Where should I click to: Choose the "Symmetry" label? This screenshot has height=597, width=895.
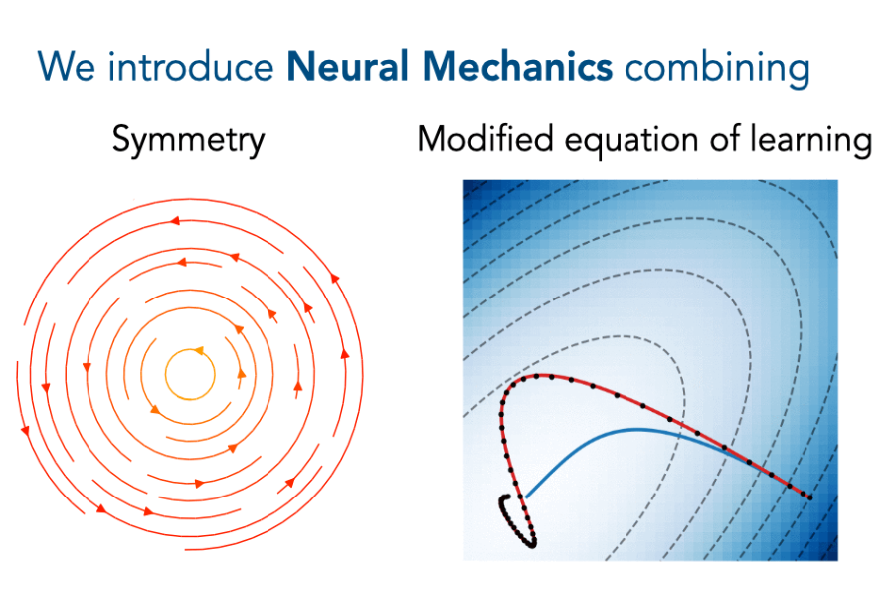[x=188, y=141]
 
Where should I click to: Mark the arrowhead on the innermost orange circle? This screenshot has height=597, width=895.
[x=198, y=351]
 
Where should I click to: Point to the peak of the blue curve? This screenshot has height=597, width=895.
[x=636, y=429]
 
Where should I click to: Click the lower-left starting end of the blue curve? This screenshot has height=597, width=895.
[x=525, y=496]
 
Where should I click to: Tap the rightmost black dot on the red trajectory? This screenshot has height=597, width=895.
[x=808, y=497]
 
